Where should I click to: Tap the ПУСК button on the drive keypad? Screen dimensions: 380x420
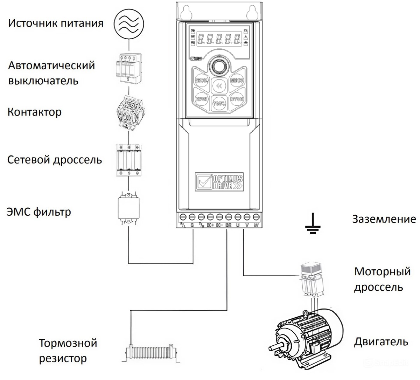click(201, 99)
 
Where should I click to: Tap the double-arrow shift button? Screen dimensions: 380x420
click(219, 86)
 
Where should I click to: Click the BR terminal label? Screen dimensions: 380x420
click(229, 225)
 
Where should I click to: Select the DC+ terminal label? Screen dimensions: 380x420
click(210, 225)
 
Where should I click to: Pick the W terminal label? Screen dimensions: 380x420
click(256, 225)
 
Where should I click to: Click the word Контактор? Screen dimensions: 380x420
click(34, 112)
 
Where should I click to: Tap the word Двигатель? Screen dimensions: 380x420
click(381, 341)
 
